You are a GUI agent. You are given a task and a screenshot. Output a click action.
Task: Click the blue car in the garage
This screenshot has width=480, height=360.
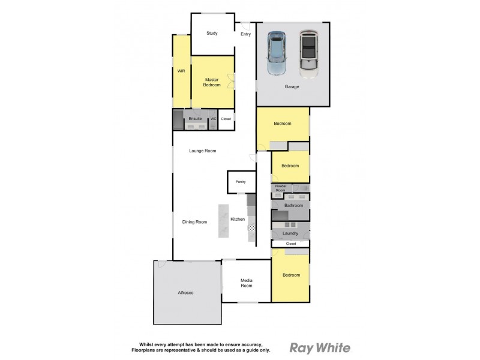(x=277, y=53)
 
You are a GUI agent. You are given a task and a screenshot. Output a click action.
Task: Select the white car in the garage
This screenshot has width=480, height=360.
(x=308, y=53)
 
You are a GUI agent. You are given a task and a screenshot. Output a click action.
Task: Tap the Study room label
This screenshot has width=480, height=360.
(x=211, y=33)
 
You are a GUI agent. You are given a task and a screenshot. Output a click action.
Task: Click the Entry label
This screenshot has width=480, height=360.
(x=245, y=34)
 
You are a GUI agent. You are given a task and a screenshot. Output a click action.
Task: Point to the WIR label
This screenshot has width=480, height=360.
(x=181, y=71)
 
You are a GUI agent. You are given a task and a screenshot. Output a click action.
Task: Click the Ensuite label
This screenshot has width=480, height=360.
(x=195, y=119)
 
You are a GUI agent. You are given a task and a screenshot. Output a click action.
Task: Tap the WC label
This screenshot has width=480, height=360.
(x=212, y=119)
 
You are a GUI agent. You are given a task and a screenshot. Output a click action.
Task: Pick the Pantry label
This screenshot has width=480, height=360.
(x=241, y=181)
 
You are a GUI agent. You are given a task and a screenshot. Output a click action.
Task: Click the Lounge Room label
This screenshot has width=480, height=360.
(x=202, y=151)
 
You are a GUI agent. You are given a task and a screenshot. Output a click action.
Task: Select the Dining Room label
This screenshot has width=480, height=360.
(x=194, y=222)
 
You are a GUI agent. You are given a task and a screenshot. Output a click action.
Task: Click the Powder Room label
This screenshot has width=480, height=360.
(x=280, y=188)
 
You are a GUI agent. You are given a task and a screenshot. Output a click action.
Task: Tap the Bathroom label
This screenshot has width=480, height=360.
(x=293, y=205)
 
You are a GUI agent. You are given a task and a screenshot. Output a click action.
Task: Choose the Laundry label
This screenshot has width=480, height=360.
(x=290, y=233)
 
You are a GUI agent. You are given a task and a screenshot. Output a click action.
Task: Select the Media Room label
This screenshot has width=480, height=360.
(x=246, y=283)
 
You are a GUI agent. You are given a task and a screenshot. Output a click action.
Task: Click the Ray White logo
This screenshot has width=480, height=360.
(x=320, y=347)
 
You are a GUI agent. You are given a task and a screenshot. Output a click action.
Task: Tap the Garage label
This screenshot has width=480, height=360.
(x=292, y=86)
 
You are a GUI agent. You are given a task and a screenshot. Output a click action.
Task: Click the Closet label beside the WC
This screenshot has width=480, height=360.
(x=226, y=119)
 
